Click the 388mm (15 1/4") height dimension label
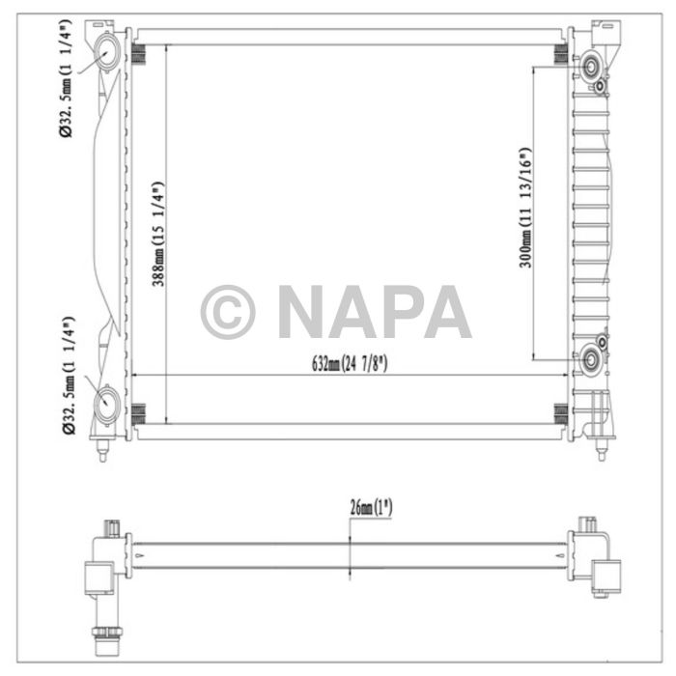[x=158, y=235]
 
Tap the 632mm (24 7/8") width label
[x=349, y=364]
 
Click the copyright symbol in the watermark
[x=228, y=312]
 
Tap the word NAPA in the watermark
[x=374, y=312]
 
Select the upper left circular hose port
[x=108, y=52]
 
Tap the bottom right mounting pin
[x=602, y=447]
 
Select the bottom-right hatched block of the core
[x=559, y=413]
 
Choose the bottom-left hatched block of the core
[x=139, y=413]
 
